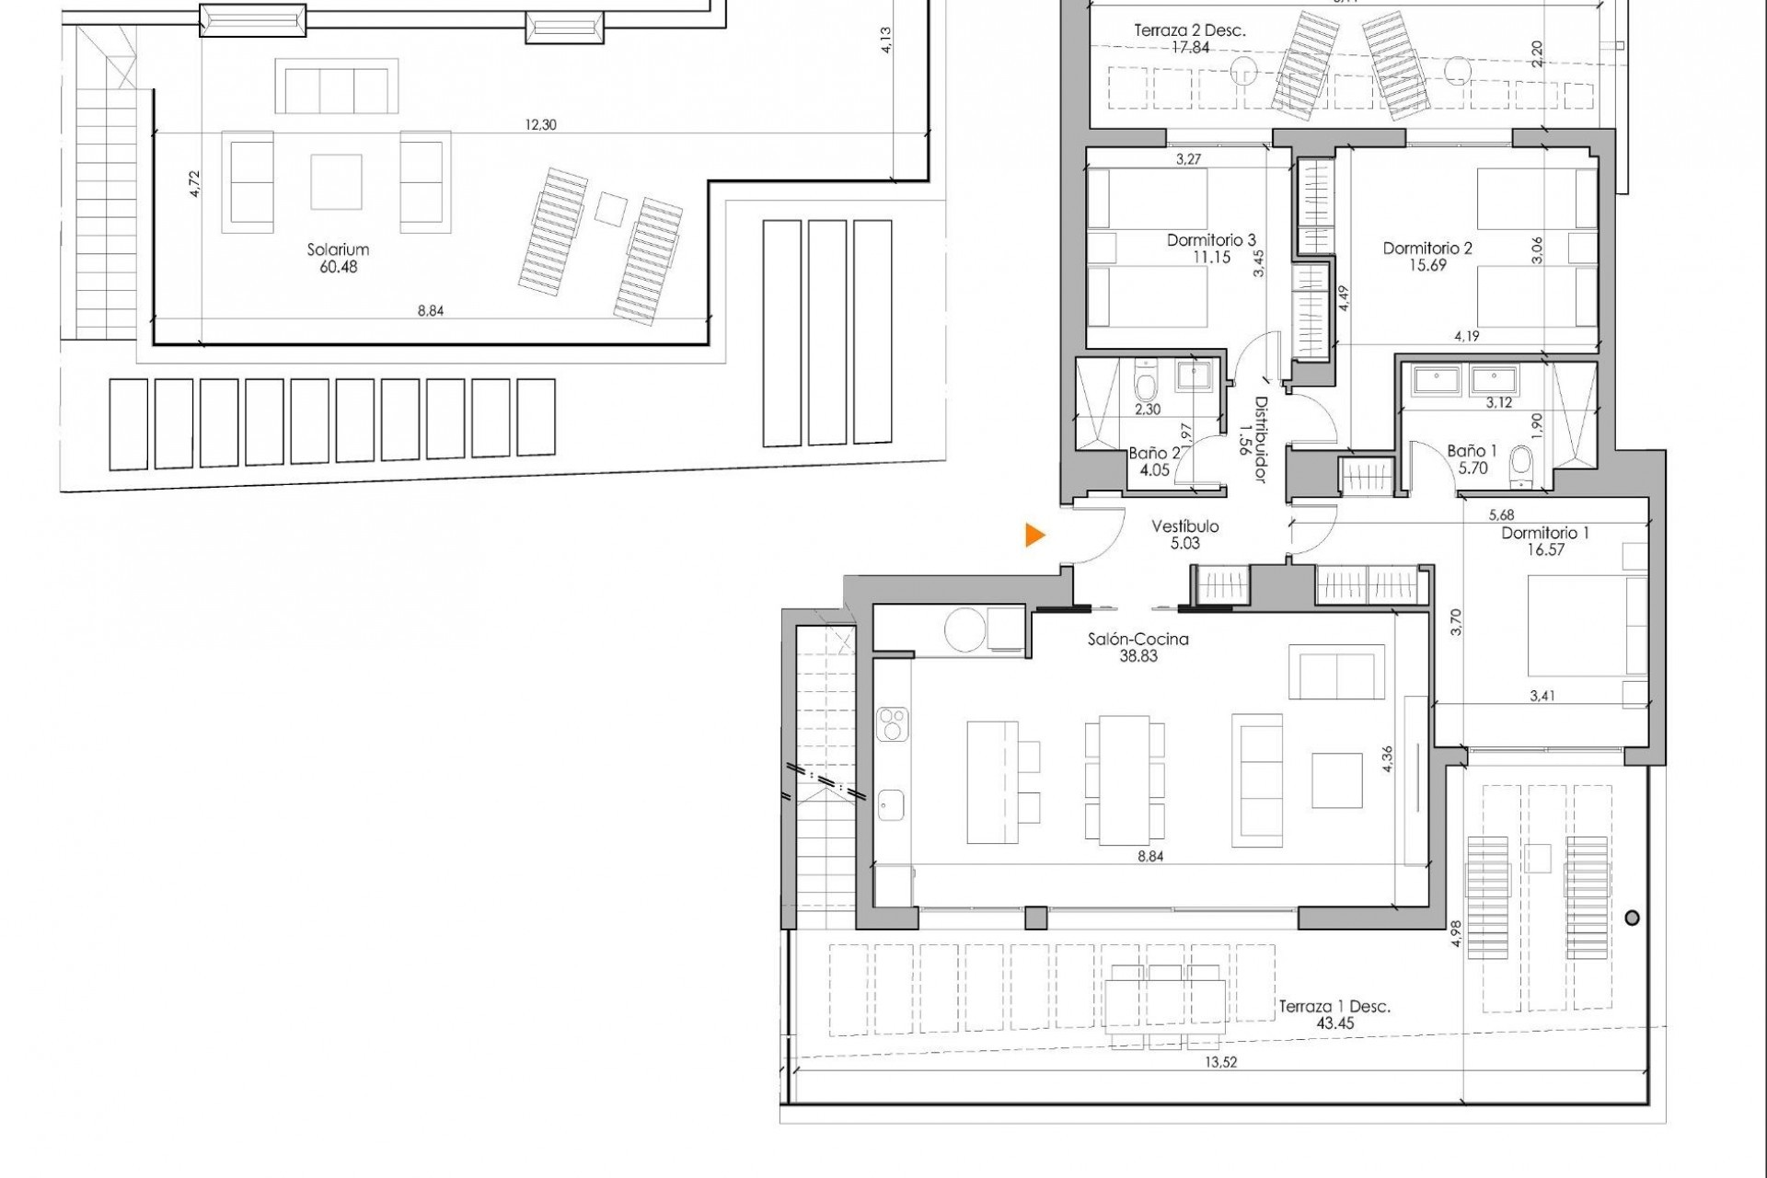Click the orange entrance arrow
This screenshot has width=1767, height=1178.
click(x=1035, y=535)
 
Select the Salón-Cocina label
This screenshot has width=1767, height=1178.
click(x=1138, y=639)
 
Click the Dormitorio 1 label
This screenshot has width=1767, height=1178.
click(x=1545, y=533)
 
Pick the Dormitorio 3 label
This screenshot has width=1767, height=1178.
click(x=1211, y=240)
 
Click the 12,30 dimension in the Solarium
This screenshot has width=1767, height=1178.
click(x=540, y=125)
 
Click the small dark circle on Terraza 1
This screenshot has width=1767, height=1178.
click(x=1633, y=918)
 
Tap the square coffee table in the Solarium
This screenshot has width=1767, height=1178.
click(x=336, y=181)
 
